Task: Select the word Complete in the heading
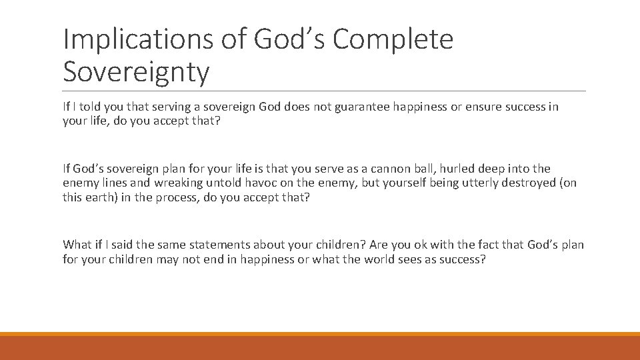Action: click(x=393, y=39)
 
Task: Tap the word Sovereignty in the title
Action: click(x=136, y=72)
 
